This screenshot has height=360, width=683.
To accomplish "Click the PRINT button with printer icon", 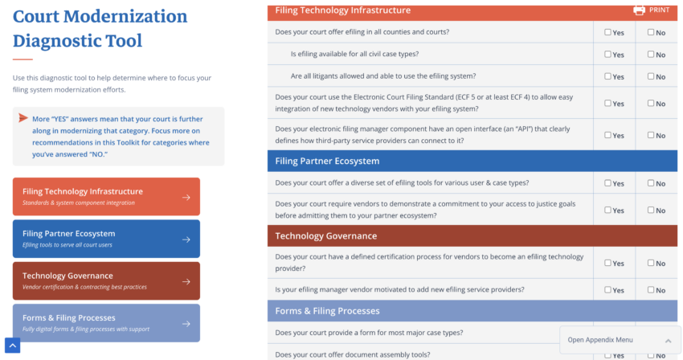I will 650,10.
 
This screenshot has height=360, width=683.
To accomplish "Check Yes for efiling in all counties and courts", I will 608,33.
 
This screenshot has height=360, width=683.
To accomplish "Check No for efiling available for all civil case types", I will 652,55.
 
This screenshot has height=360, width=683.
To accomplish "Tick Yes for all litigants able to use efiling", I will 608,76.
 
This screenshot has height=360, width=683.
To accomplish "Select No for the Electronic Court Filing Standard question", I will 652,104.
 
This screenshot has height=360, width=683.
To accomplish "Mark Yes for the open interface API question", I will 608,135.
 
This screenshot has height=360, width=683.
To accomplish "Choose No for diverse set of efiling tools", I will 652,183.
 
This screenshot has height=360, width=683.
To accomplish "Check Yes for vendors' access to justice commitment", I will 608,210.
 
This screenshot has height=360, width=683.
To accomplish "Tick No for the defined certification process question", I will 652,263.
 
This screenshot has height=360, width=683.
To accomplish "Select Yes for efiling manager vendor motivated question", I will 608,290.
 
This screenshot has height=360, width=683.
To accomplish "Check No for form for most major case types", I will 652,333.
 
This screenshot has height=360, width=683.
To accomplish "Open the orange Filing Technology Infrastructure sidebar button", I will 106,196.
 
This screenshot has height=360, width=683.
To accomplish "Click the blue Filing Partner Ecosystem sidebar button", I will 106,239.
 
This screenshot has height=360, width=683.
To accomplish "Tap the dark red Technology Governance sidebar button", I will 106,280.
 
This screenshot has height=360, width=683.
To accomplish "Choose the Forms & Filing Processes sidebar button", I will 106,322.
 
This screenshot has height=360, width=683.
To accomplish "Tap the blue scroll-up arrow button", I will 12,346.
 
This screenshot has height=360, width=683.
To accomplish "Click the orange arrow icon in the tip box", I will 23,118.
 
